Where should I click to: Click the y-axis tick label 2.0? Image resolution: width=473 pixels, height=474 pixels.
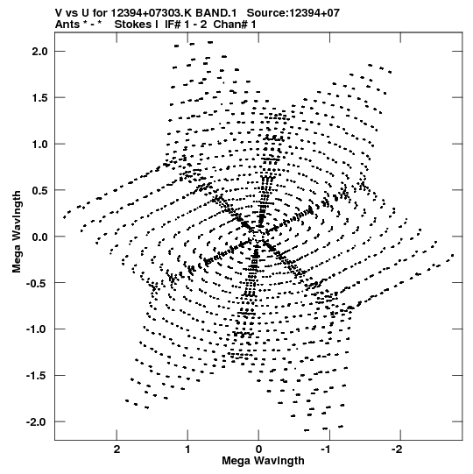40,52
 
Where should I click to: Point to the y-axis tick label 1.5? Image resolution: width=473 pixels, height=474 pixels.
40,97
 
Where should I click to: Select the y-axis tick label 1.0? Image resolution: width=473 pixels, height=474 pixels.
40,144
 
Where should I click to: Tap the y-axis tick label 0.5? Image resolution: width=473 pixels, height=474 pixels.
40,190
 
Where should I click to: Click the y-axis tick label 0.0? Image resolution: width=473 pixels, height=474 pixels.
40,237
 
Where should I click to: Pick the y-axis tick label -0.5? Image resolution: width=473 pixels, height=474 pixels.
37,283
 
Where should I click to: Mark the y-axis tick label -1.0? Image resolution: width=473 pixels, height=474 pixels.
37,329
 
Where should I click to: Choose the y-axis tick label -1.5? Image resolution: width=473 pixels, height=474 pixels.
37,375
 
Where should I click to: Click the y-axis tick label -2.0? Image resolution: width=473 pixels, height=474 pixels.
37,421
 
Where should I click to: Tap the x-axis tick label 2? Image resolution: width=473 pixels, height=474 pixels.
116,449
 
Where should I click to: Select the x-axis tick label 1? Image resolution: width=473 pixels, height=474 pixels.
187,449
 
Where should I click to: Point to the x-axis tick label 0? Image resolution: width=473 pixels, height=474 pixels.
258,449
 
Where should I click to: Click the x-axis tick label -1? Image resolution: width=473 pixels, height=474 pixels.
328,449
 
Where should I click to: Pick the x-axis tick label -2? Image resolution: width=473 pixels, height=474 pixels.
399,449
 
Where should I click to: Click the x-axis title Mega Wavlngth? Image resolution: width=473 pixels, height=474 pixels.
263,461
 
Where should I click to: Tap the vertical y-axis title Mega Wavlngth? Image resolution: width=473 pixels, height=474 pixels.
17,231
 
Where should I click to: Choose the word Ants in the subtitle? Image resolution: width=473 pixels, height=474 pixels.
67,25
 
